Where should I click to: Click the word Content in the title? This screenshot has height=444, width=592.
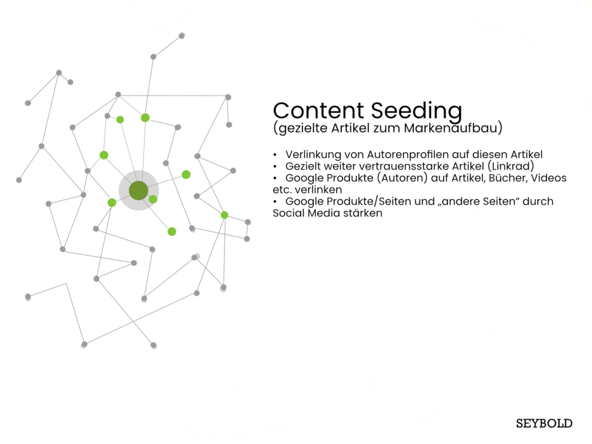pos(319,110)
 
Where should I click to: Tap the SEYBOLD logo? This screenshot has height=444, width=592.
pos(544,423)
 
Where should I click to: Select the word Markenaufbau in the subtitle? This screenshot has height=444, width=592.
pos(451,128)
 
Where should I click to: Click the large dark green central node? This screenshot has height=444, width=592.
pos(139,190)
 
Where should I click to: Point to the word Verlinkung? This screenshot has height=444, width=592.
pos(313,155)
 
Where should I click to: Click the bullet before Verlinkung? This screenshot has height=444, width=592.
pos(275,155)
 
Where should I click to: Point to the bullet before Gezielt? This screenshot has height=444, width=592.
pos(275,166)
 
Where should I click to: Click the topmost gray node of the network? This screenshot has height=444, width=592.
pos(182,35)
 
